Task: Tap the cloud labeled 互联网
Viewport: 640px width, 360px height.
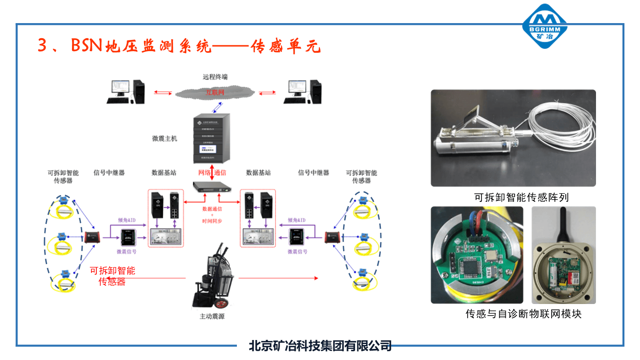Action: [x=215, y=92]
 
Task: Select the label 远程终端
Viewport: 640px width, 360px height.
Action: [x=215, y=77]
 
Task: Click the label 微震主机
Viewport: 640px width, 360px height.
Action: [x=164, y=139]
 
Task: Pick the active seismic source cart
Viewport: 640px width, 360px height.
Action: [x=212, y=276]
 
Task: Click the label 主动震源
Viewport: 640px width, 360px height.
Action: [x=212, y=317]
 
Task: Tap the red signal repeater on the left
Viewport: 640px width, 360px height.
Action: [x=92, y=236]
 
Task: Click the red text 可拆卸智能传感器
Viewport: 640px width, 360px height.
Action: [x=112, y=276]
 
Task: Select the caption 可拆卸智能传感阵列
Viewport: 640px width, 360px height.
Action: [x=521, y=197]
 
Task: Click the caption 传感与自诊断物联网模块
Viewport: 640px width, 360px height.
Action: [x=524, y=314]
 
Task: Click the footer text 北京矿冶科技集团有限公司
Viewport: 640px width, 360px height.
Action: [x=320, y=346]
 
